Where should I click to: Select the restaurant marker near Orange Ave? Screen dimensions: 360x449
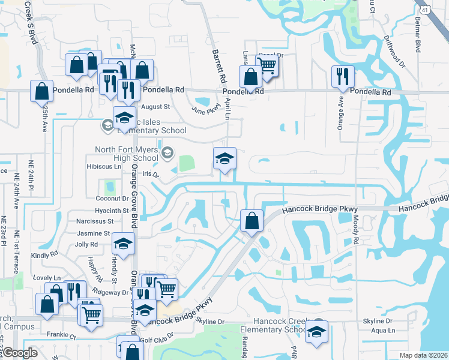point(343,76)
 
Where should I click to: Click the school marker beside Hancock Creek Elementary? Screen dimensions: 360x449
point(316,332)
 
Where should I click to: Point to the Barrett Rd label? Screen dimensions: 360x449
point(218,66)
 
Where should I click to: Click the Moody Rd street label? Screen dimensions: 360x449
point(356,230)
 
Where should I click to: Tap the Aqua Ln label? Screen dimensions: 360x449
point(383,331)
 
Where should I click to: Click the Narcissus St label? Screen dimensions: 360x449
point(95,221)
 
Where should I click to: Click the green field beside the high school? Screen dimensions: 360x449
point(187,163)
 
